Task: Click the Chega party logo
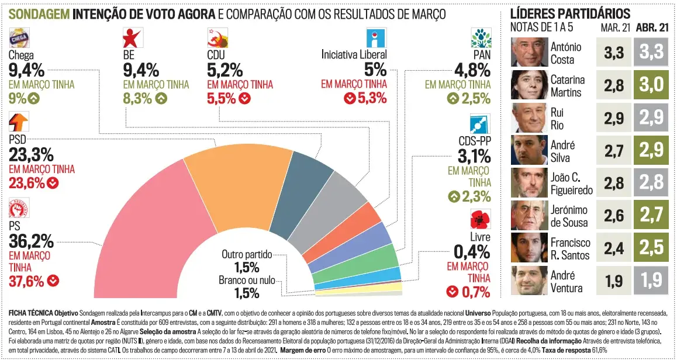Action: tap(19, 39)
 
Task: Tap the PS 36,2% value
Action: tap(31, 241)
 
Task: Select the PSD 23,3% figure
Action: tap(31, 155)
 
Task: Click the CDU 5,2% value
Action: tap(224, 71)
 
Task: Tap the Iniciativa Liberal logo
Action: tap(375, 38)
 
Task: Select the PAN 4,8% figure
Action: tap(472, 71)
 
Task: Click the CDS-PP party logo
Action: tap(480, 124)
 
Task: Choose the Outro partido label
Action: tap(247, 254)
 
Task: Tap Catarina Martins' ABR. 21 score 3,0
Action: tap(651, 85)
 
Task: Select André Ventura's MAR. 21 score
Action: tap(614, 281)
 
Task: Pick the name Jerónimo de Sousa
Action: tap(569, 216)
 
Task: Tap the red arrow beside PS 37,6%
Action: tap(54, 281)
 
